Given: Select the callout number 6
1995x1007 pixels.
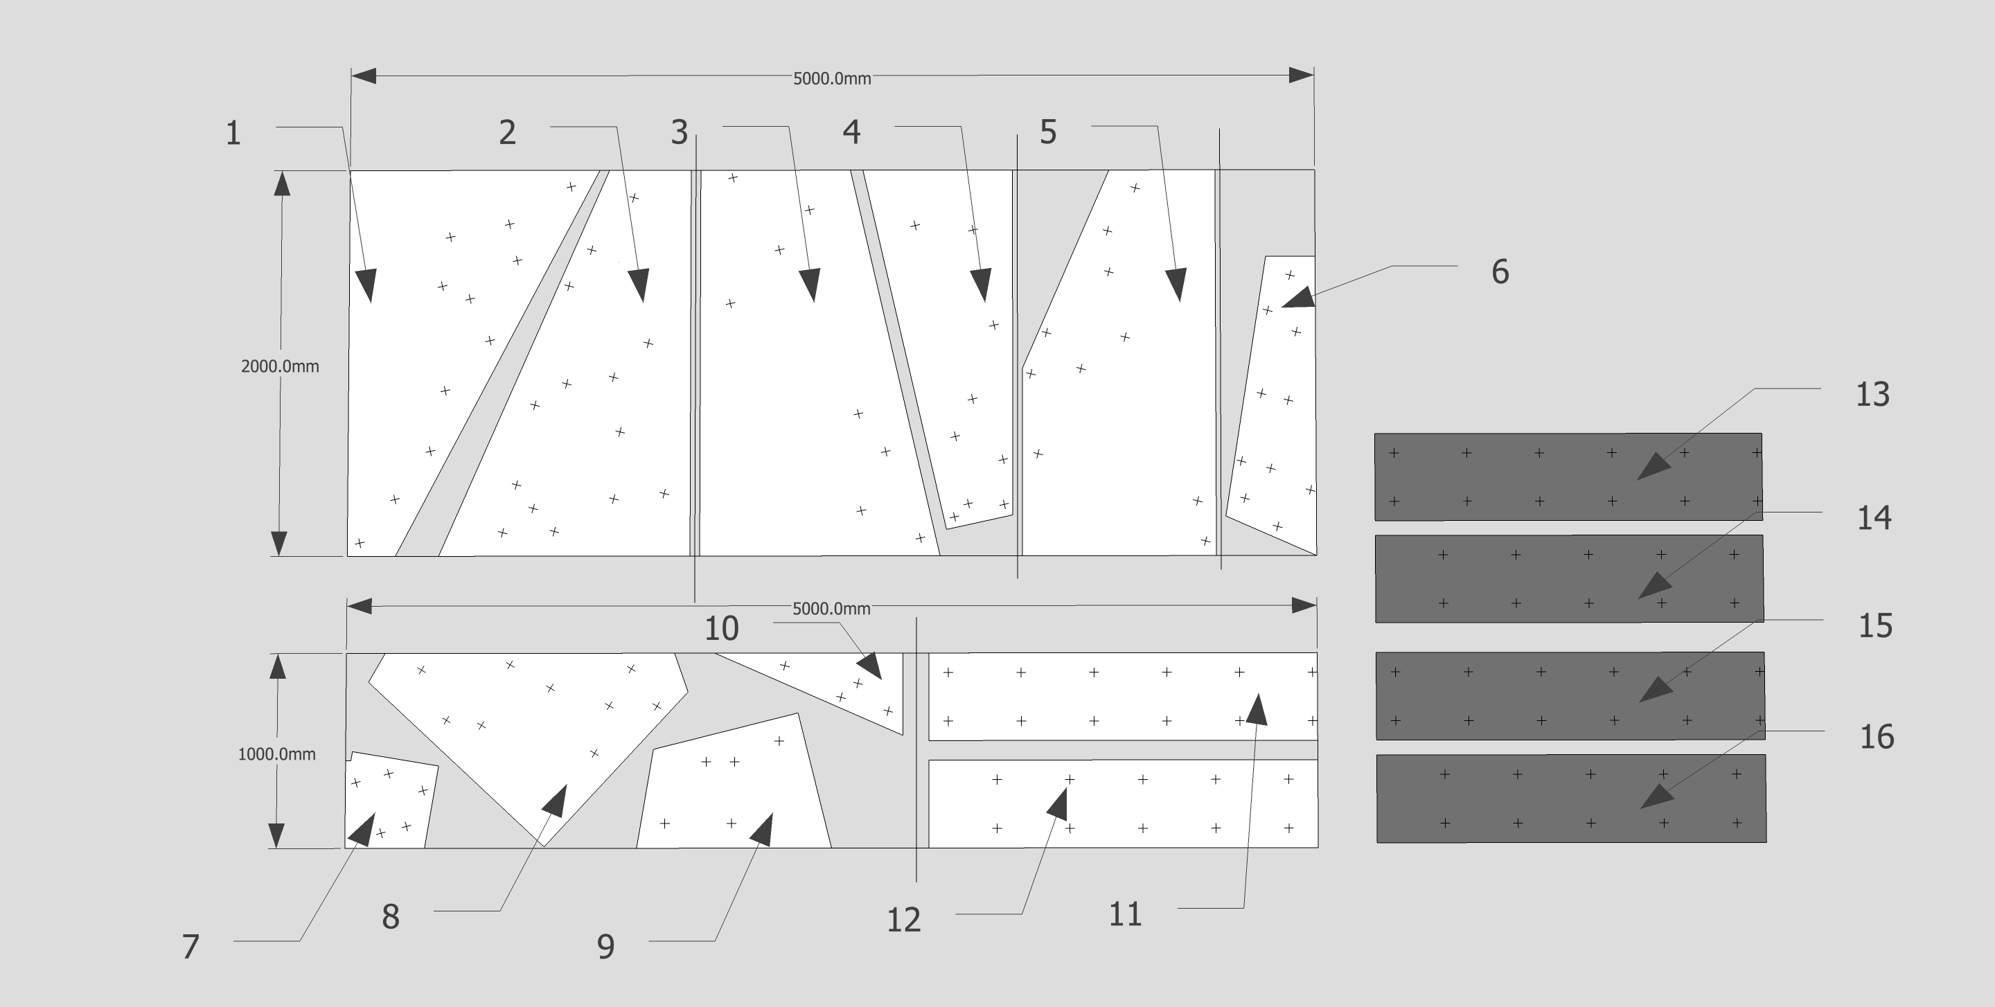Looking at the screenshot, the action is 1500,271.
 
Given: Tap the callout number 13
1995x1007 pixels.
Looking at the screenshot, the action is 1872,395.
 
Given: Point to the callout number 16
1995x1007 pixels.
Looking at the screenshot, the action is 1877,737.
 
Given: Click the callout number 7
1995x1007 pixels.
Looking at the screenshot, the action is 190,947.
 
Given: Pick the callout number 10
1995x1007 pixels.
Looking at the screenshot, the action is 721,628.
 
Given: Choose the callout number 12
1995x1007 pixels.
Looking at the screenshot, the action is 903,920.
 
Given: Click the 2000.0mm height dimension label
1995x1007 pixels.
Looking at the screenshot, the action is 280,366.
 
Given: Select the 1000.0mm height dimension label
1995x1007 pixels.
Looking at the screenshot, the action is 276,754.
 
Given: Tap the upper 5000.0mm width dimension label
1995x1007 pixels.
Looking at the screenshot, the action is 832,78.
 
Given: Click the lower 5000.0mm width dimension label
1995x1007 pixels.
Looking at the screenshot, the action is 831,608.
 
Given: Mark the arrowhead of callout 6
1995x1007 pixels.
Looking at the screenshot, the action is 1298,297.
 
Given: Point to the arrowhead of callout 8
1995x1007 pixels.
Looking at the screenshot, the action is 556,801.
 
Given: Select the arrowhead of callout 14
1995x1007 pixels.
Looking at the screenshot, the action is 1655,585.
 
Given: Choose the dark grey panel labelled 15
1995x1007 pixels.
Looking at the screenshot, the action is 1570,696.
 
